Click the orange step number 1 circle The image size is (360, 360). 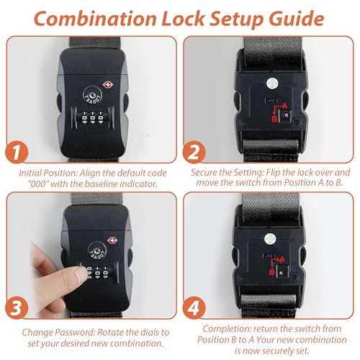tap(17, 152)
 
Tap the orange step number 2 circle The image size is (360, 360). tap(194, 152)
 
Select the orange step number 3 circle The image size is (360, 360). tap(17, 307)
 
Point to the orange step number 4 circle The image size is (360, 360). tap(194, 307)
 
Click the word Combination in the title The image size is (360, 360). tap(95, 19)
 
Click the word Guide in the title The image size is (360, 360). tap(297, 19)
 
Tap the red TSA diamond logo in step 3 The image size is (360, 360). tap(112, 240)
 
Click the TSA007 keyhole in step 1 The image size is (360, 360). tap(92, 95)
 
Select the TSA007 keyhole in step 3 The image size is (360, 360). tap(96, 251)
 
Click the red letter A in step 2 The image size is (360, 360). tap(284, 106)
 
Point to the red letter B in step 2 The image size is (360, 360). tap(274, 119)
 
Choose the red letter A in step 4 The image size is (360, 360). tap(282, 259)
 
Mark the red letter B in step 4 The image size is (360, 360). tap(271, 272)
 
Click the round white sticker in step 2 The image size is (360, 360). tap(271, 84)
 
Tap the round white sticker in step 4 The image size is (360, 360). tap(270, 239)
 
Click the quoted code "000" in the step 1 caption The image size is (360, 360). tap(38, 184)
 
